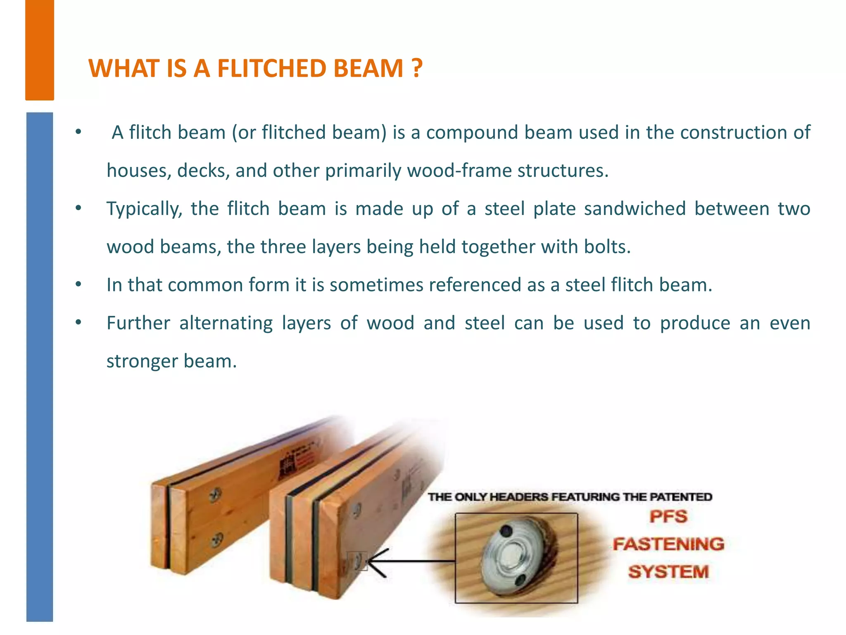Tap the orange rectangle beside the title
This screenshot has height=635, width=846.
tap(40, 50)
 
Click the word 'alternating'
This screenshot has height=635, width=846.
tap(226, 323)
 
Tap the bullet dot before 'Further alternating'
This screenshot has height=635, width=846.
tap(78, 322)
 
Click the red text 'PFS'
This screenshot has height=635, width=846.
tap(668, 516)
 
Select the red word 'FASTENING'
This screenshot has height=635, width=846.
tap(668, 544)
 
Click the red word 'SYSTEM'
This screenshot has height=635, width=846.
tap(668, 572)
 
